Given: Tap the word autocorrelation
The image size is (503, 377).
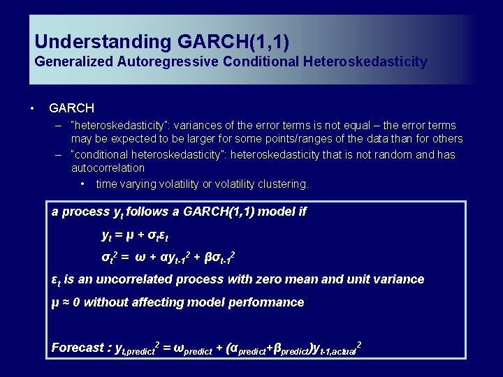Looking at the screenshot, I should pyautogui.click(x=108, y=168).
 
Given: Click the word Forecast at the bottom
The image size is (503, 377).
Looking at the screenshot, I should pyautogui.click(x=77, y=347).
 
